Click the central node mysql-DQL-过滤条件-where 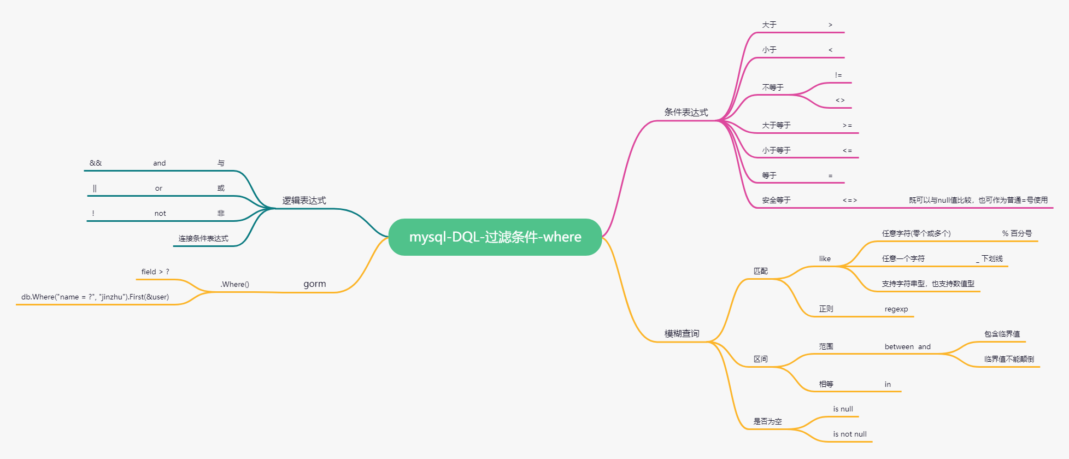point(495,237)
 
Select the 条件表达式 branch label point(686,113)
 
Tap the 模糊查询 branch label point(682,334)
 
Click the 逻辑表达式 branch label point(304,201)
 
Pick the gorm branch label point(315,284)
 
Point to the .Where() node point(235,284)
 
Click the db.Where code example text point(95,297)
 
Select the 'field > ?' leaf point(155,272)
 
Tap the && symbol point(96,163)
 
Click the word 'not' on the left point(160,214)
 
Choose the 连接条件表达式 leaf point(203,239)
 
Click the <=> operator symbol point(850,201)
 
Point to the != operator point(838,75)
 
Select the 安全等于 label point(776,201)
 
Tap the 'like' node point(825,259)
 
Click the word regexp point(896,309)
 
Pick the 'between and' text point(907,347)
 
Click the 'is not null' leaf point(850,434)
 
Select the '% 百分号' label point(1017,233)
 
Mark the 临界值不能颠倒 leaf point(1009,360)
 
